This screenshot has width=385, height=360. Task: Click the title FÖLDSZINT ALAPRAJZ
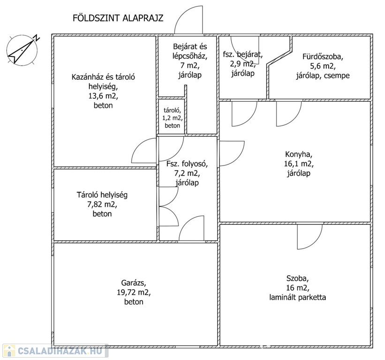click(118, 18)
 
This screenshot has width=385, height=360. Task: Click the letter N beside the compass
click(37, 38)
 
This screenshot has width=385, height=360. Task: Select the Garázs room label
click(134, 283)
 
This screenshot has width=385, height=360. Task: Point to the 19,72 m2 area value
click(134, 292)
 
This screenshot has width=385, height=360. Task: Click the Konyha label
click(299, 154)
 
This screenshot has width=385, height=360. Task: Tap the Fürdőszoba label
click(323, 57)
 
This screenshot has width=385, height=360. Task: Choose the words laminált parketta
click(298, 298)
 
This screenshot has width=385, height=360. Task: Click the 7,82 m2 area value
click(102, 204)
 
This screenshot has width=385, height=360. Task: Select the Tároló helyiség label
click(102, 195)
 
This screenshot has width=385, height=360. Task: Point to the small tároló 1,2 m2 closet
click(172, 117)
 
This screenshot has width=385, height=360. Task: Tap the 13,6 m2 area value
click(103, 96)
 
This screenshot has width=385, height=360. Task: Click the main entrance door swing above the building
click(189, 20)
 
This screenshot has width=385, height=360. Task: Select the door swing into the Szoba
click(310, 237)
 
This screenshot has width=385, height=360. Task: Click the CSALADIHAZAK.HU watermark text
click(60, 351)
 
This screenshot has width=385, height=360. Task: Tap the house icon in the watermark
click(9, 351)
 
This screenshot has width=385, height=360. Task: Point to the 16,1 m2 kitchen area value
click(299, 164)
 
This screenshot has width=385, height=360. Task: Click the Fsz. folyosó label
click(187, 164)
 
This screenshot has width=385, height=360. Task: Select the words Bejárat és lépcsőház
click(190, 51)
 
